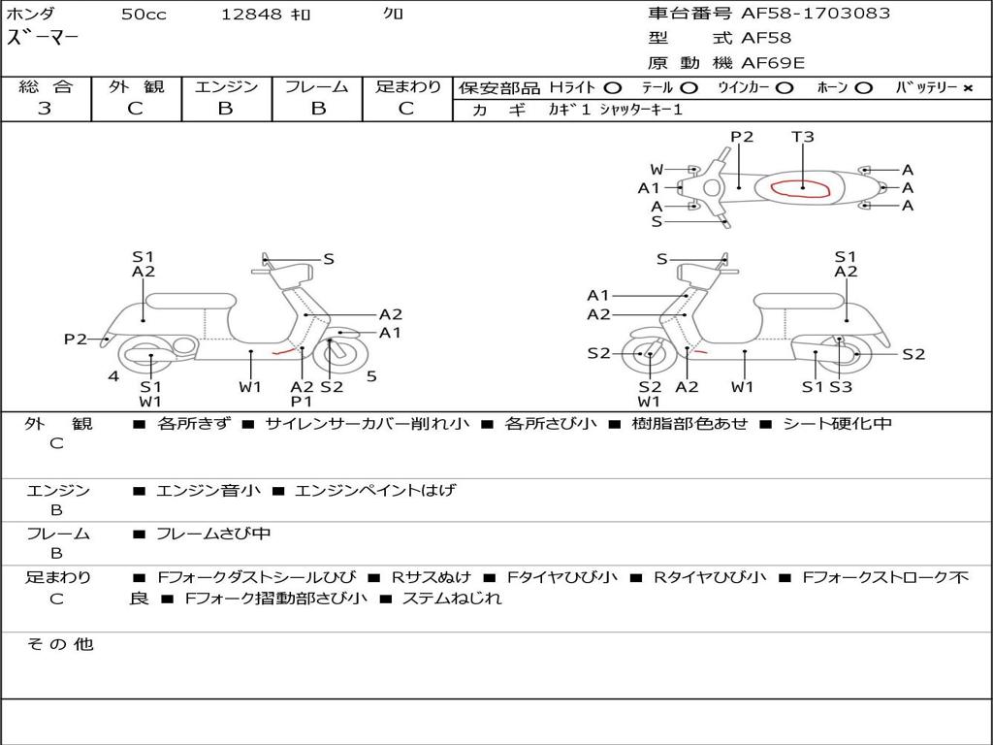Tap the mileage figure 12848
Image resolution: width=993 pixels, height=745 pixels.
click(x=251, y=15)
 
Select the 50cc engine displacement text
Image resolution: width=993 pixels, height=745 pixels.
click(x=143, y=15)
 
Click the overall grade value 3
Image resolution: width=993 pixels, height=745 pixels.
click(x=45, y=108)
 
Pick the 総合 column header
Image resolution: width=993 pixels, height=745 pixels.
click(x=45, y=87)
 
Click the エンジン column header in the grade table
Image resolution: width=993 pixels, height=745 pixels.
click(x=226, y=87)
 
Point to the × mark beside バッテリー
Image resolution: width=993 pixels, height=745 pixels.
click(x=967, y=88)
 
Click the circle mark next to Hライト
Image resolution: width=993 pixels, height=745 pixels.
click(x=612, y=88)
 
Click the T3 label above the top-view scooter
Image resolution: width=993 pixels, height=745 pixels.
click(x=802, y=137)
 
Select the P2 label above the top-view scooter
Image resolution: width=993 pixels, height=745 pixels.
click(x=742, y=137)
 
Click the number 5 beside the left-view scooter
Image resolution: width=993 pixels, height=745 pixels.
click(x=371, y=375)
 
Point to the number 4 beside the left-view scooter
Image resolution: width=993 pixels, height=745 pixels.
click(x=113, y=375)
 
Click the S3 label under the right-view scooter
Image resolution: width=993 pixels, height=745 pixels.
click(x=840, y=387)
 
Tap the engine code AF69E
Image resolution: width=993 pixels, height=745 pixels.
click(x=772, y=62)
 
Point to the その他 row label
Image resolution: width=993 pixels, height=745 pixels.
click(x=59, y=644)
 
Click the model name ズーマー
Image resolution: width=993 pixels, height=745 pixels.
click(x=43, y=38)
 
